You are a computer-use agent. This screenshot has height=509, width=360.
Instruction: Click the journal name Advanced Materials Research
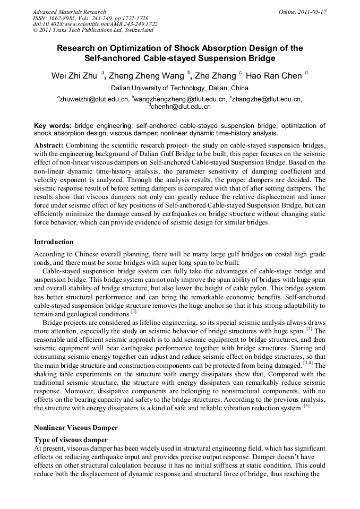pos(69,11)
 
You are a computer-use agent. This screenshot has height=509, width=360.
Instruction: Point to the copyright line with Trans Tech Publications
pos(93,30)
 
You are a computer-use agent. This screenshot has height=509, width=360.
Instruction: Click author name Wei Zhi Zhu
pos(74,76)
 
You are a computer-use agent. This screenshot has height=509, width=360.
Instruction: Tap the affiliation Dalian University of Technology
pos(179,88)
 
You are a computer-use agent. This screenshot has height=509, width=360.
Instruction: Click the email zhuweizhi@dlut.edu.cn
pos(93,99)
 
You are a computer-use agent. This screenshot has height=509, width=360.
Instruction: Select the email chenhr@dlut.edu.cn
pos(181,106)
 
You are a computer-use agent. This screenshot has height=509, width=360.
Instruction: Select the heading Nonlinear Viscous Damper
pos(75,427)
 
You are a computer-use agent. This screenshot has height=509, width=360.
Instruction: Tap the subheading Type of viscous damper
pos(71,440)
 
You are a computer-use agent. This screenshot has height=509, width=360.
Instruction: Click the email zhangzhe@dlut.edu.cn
pos(265,99)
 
